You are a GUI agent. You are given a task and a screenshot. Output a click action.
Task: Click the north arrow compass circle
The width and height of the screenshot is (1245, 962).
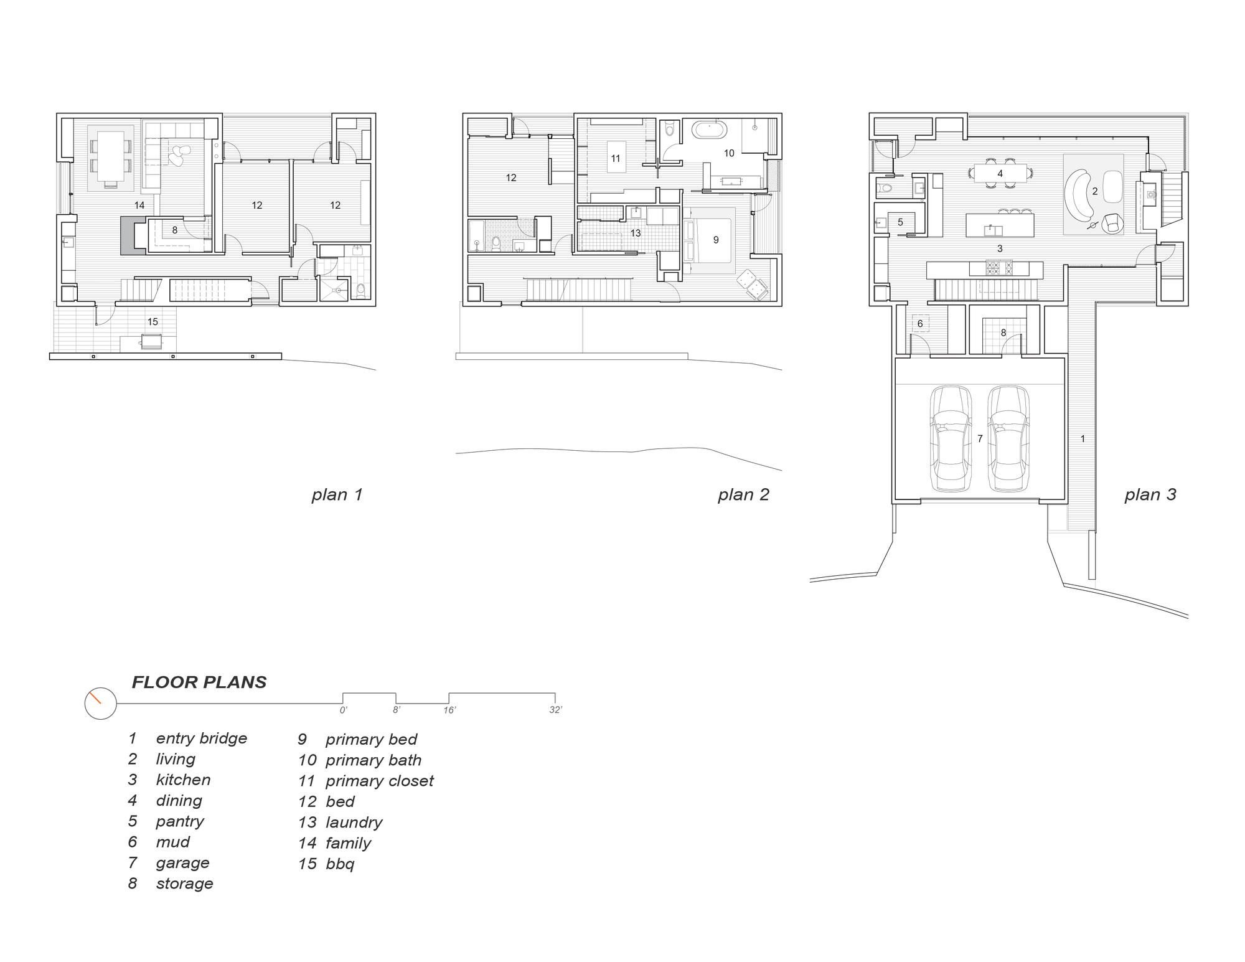[100, 704]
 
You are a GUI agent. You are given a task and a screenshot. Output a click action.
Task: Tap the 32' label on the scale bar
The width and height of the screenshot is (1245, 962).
[555, 710]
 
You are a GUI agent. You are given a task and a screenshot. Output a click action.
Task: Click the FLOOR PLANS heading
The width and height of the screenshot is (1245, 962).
[199, 682]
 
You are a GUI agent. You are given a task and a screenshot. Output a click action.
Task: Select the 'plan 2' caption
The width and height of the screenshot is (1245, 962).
[743, 495]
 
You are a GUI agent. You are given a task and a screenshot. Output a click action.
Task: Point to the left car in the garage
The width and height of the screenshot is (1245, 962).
[950, 439]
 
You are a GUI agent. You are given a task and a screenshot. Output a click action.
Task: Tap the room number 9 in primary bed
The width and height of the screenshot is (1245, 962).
[716, 240]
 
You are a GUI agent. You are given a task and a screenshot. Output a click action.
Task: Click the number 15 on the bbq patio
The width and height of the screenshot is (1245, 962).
[153, 322]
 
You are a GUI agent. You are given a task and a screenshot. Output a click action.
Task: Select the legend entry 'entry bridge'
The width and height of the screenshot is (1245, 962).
[201, 738]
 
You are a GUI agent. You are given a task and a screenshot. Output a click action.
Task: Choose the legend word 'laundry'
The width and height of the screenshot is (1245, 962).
[354, 823]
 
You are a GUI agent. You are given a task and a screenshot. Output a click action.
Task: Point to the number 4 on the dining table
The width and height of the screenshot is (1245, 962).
[1000, 174]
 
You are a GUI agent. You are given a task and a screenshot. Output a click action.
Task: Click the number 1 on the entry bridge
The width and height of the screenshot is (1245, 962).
[1083, 439]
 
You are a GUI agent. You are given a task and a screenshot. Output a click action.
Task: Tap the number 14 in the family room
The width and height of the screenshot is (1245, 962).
[139, 205]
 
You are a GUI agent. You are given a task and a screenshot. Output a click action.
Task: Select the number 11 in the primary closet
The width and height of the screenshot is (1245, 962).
[615, 159]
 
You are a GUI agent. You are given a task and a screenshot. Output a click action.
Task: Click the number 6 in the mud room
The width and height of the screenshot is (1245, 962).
[920, 324]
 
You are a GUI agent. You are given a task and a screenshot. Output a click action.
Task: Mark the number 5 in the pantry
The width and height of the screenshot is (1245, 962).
[900, 222]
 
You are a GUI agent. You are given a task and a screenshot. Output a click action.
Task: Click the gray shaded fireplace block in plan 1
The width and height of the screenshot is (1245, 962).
[128, 235]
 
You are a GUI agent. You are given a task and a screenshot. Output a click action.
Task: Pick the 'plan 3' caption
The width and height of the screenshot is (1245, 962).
[1150, 495]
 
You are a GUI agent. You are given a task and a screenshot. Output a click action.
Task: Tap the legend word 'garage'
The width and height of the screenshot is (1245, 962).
[182, 863]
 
